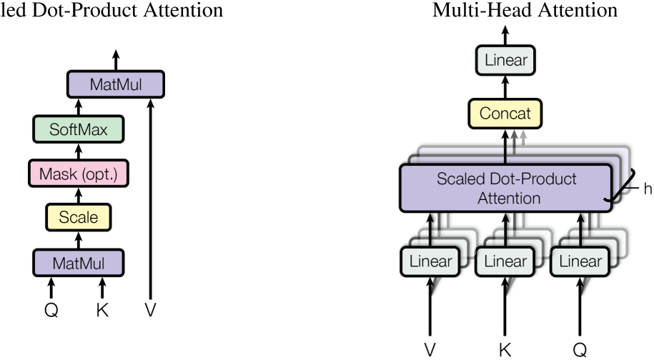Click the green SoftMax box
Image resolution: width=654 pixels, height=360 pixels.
point(79,129)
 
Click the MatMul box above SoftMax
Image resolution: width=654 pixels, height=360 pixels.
point(116,85)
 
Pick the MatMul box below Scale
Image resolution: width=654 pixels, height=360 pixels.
point(79,262)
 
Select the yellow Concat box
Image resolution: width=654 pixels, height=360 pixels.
point(505,112)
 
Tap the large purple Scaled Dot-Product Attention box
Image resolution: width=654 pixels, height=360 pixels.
point(506,188)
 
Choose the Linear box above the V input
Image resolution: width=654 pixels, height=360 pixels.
point(429,261)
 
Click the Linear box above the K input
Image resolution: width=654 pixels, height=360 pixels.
point(505,261)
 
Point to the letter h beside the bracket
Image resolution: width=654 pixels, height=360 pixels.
point(648,189)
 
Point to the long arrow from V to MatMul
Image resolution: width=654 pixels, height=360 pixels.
point(150,200)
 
